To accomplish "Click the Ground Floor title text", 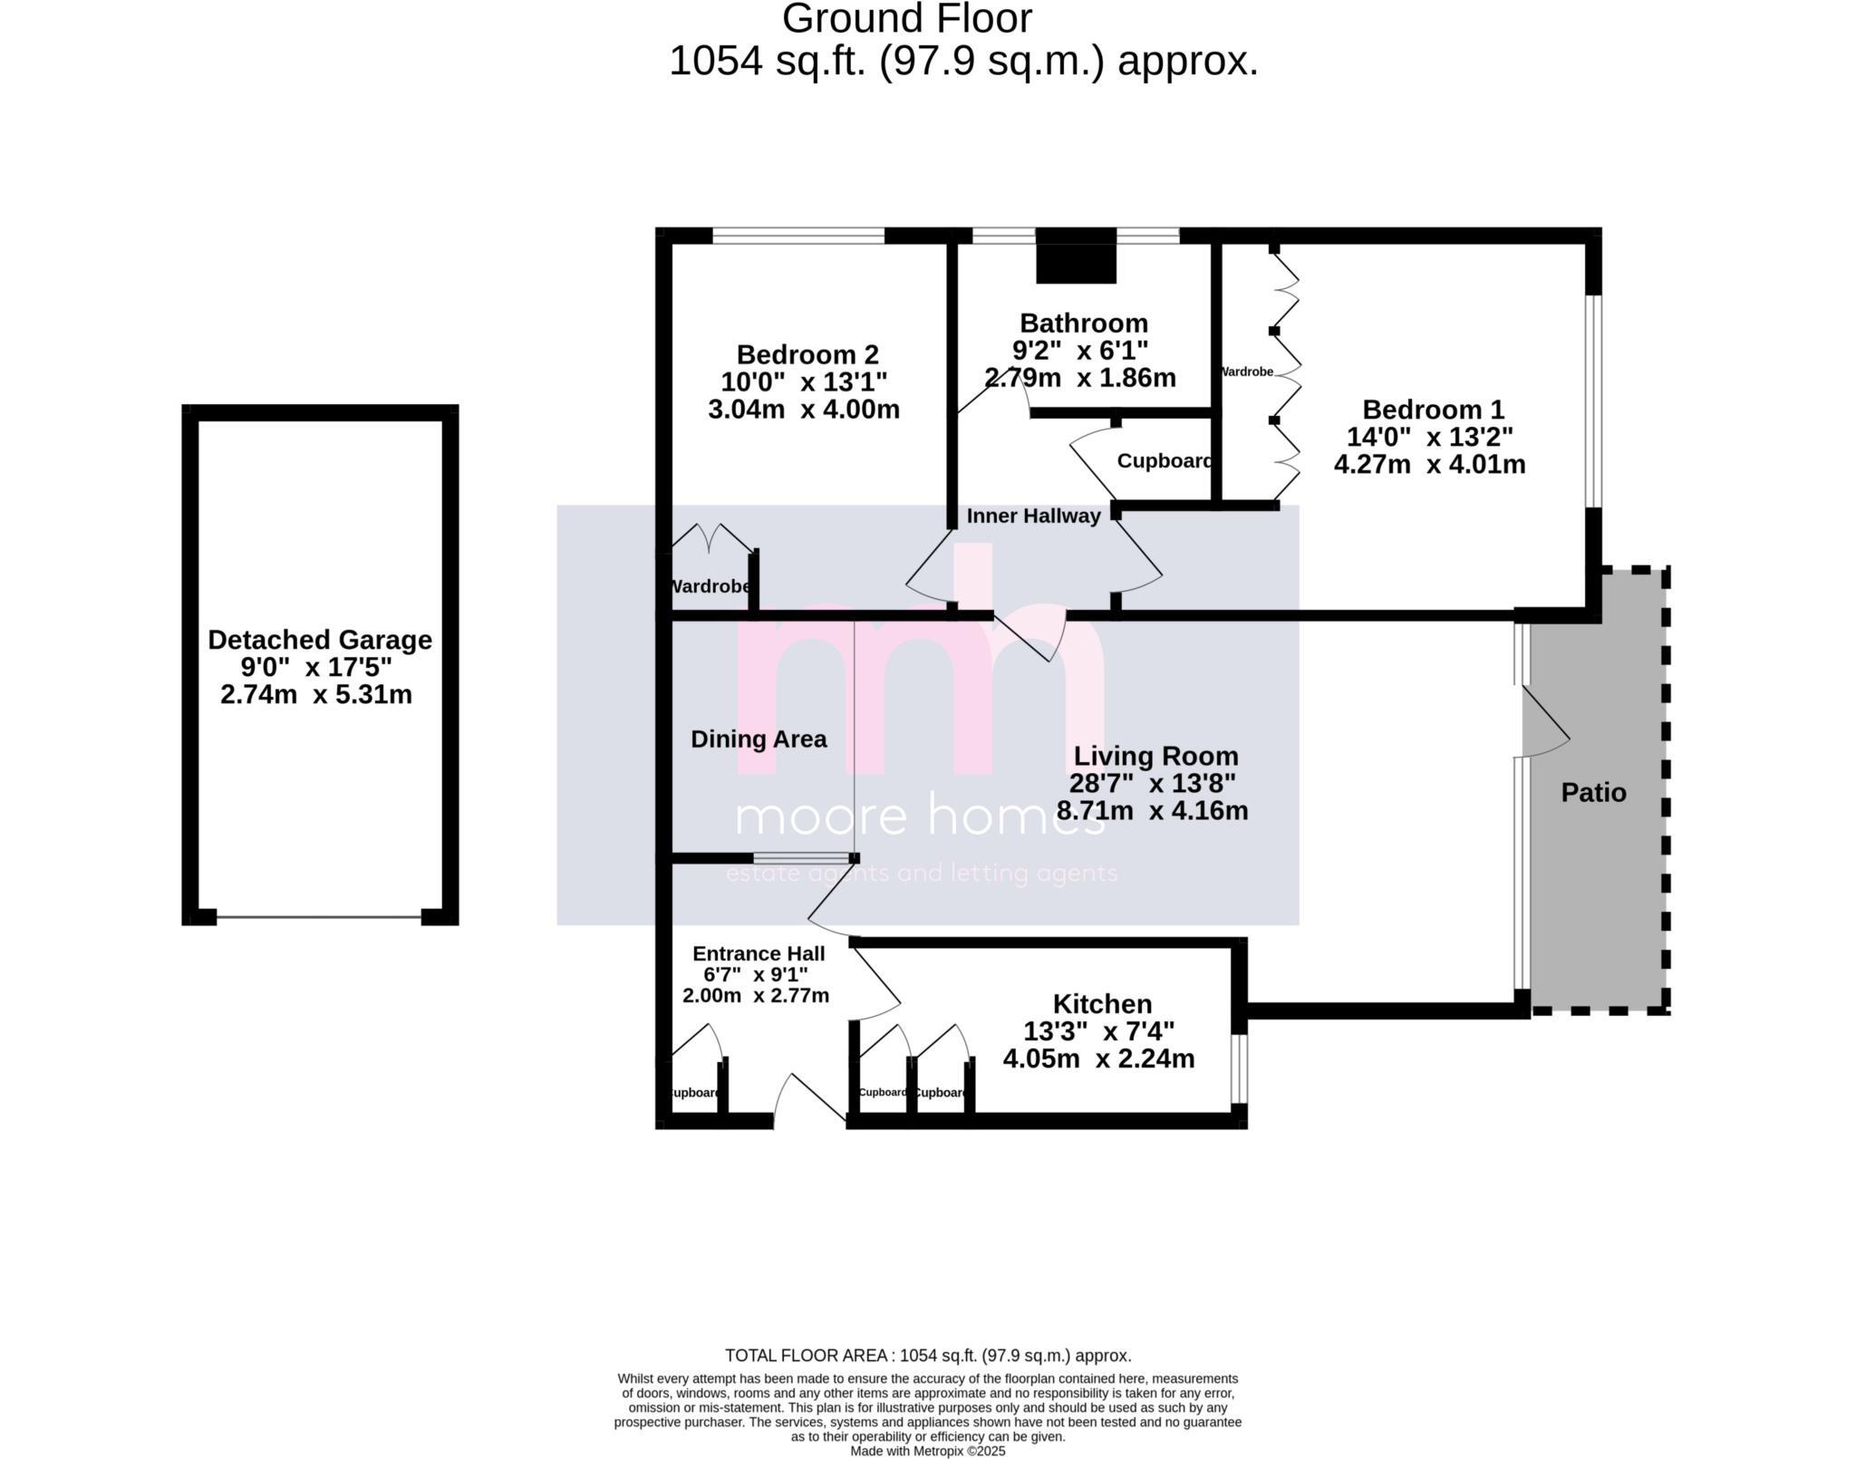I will [x=906, y=20].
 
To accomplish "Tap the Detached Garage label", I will [x=319, y=640].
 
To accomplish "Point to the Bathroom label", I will [x=1083, y=324].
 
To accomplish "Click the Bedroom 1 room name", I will [x=1432, y=410].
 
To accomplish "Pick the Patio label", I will [x=1593, y=793].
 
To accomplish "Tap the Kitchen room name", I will [x=1102, y=1004].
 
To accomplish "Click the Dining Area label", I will [x=759, y=739].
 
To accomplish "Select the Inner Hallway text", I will [x=1033, y=517].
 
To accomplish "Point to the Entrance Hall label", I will [x=759, y=953].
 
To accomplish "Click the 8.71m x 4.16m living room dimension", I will [x=1152, y=811].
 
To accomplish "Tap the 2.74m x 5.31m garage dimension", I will [x=316, y=695].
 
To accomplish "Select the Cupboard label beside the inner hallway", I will [x=1164, y=461].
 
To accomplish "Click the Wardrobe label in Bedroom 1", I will [x=1247, y=372].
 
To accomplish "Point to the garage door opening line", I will [x=319, y=917].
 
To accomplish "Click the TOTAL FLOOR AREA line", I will [x=928, y=1356].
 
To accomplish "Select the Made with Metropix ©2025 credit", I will [x=928, y=1451].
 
